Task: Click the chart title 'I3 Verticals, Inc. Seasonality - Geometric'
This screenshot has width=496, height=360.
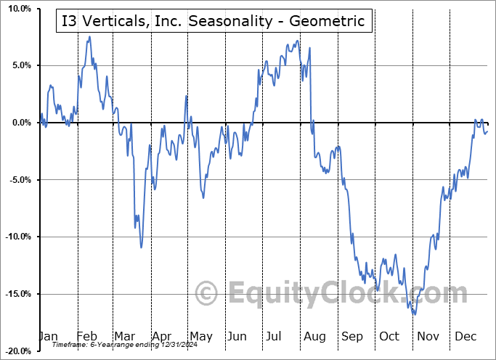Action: point(214,21)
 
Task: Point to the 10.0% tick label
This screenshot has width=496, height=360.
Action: point(17,9)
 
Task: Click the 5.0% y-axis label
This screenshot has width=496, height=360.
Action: point(20,65)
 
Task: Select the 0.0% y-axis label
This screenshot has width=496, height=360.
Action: point(20,123)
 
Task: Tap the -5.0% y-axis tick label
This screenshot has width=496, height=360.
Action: point(18,180)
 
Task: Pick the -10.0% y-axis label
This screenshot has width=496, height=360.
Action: point(16,237)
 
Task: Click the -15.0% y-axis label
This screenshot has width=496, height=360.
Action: point(16,294)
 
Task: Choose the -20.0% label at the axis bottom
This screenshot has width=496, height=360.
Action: point(16,351)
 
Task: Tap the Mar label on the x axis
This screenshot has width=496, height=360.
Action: point(125,337)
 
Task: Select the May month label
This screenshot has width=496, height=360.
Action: point(200,337)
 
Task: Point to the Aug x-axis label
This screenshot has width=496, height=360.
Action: point(314,337)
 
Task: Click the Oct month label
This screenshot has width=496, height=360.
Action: point(389,337)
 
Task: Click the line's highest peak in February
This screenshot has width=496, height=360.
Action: point(89,36)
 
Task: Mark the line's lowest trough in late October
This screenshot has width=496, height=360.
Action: point(414,314)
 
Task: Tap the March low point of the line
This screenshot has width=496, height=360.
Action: point(141,247)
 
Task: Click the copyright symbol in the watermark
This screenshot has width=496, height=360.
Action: point(207,294)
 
